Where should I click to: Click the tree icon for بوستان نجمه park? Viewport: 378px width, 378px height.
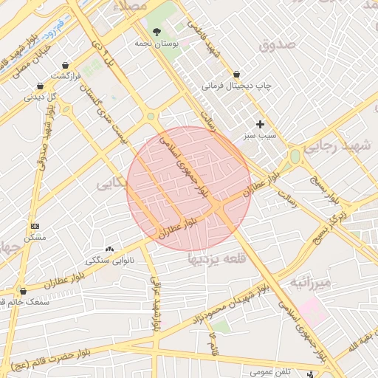click(157, 31)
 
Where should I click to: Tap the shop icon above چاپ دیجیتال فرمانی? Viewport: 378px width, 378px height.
click(236, 74)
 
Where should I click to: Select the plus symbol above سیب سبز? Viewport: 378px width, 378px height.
click(259, 124)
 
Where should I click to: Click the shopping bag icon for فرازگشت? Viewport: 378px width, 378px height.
click(67, 65)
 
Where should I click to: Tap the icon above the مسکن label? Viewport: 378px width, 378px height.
click(35, 226)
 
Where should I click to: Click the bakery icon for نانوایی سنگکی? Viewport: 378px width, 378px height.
click(110, 250)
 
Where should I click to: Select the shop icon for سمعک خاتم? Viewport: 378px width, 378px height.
click(24, 291)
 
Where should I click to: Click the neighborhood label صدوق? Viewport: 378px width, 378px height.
click(277, 45)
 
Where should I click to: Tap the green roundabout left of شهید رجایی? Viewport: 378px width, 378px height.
click(295, 157)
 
